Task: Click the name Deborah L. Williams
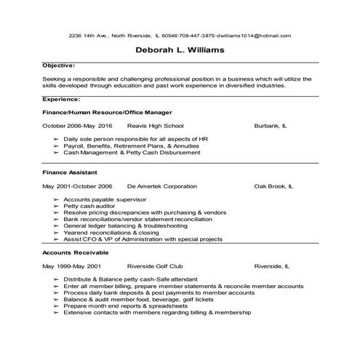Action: (x=179, y=50)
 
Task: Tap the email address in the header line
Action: (x=255, y=35)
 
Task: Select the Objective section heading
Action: (x=59, y=65)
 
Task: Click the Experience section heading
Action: (x=62, y=98)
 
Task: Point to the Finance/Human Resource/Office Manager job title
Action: (x=107, y=113)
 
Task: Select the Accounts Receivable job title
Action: (x=76, y=252)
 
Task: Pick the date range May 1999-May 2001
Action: (x=71, y=266)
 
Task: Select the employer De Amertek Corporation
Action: (x=161, y=186)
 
